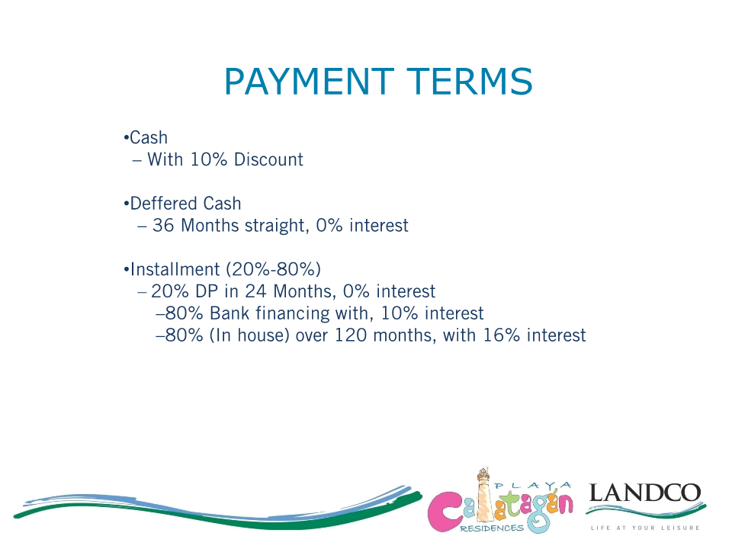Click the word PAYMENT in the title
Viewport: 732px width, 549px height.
click(x=309, y=82)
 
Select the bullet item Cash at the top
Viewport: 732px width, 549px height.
click(x=149, y=138)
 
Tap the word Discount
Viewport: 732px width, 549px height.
click(x=268, y=159)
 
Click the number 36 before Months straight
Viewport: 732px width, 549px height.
click(x=163, y=226)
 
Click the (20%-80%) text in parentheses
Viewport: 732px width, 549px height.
click(x=274, y=269)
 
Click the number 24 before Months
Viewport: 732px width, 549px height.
click(x=255, y=291)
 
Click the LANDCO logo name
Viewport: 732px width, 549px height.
click(x=645, y=493)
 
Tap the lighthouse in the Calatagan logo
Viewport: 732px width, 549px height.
click(x=483, y=494)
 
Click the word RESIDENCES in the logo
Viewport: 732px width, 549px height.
click(x=492, y=528)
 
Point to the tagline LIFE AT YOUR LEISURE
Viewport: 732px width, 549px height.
click(x=645, y=528)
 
